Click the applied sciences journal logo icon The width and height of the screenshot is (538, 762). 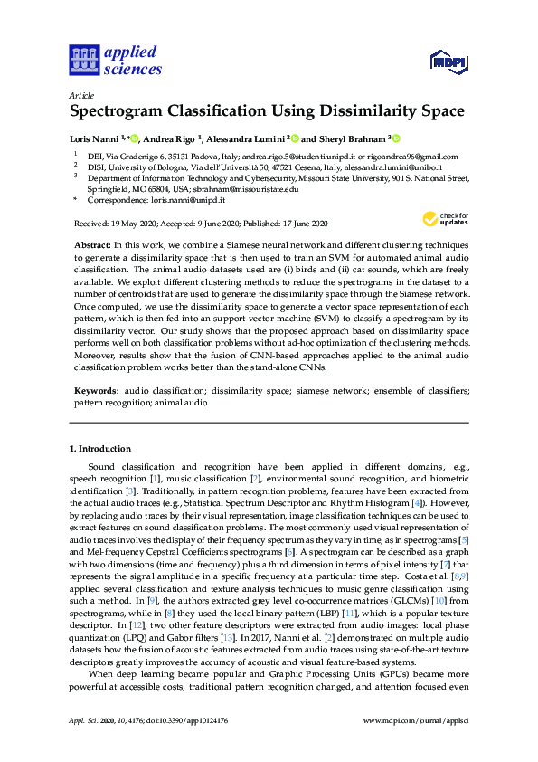pos(84,60)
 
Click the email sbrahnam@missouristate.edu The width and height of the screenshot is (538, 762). pos(249,189)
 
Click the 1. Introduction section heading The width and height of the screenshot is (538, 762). pos(100,449)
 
